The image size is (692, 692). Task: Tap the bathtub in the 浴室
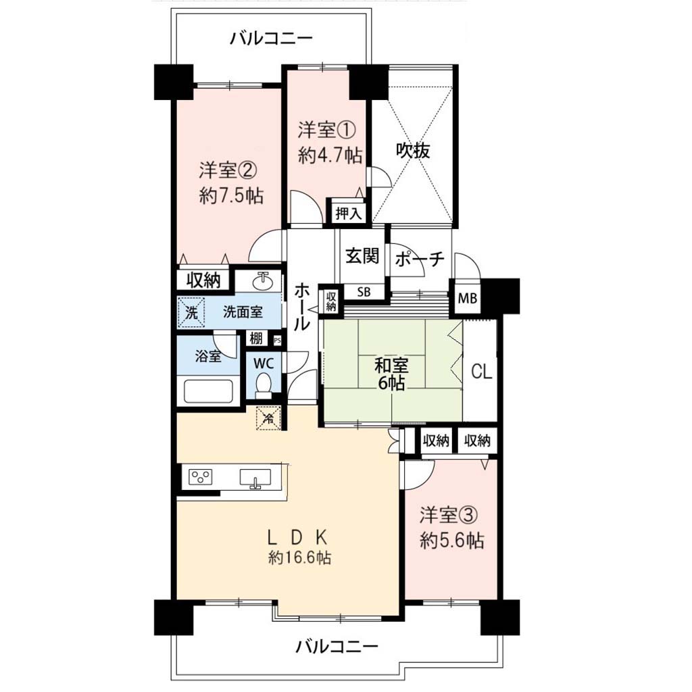click(x=208, y=391)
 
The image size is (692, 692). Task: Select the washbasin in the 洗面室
click(x=263, y=282)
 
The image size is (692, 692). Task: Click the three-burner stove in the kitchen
click(x=200, y=477)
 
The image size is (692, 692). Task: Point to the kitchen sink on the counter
click(x=255, y=478)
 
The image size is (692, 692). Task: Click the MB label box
click(x=468, y=298)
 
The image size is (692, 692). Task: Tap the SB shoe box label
click(x=364, y=292)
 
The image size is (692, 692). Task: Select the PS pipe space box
click(x=277, y=341)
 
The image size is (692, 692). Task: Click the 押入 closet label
click(x=349, y=214)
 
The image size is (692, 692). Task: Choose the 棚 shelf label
click(x=256, y=339)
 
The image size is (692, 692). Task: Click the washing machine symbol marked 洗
click(x=191, y=312)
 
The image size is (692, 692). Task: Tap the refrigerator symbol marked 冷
click(x=268, y=417)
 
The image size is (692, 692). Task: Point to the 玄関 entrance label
click(x=362, y=255)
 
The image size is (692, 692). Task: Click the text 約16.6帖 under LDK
click(x=299, y=558)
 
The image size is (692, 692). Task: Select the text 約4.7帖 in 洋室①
click(x=330, y=155)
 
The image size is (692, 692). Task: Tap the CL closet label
click(x=481, y=372)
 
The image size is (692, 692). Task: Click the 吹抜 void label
click(x=413, y=151)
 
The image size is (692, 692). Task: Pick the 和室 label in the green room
click(x=391, y=366)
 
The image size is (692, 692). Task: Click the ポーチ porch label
click(x=419, y=259)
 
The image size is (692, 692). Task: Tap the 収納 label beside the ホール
click(x=331, y=301)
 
